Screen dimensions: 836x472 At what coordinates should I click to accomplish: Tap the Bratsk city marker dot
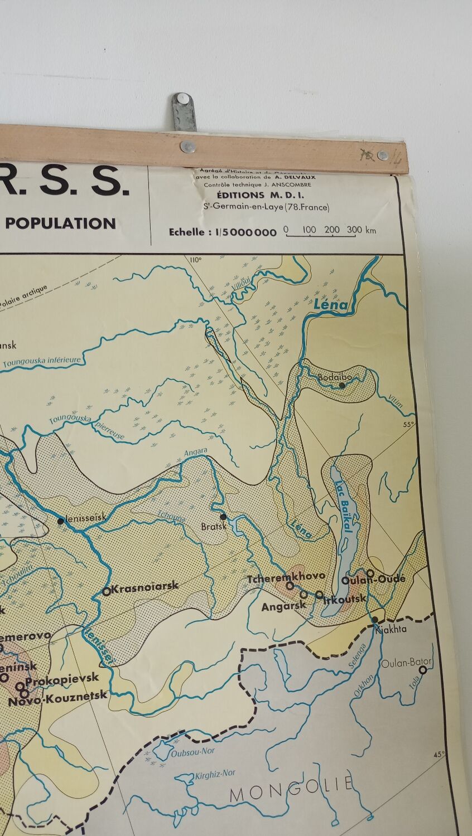tap(223, 516)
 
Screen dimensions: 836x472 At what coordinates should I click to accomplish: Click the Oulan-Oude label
tap(373, 580)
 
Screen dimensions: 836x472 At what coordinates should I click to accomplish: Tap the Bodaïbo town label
tap(335, 377)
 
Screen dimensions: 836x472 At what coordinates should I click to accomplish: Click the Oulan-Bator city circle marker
tap(423, 670)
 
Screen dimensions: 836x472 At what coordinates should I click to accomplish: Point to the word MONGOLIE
tap(291, 789)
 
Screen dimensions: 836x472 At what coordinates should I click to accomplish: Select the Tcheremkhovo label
tap(278, 579)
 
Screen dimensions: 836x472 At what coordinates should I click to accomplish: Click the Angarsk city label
tap(284, 606)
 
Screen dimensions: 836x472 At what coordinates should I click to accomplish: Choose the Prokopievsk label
tap(62, 678)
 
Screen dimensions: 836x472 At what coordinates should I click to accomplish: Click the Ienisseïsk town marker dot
tap(60, 521)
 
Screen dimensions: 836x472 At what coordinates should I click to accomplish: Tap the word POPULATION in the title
tap(60, 223)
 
